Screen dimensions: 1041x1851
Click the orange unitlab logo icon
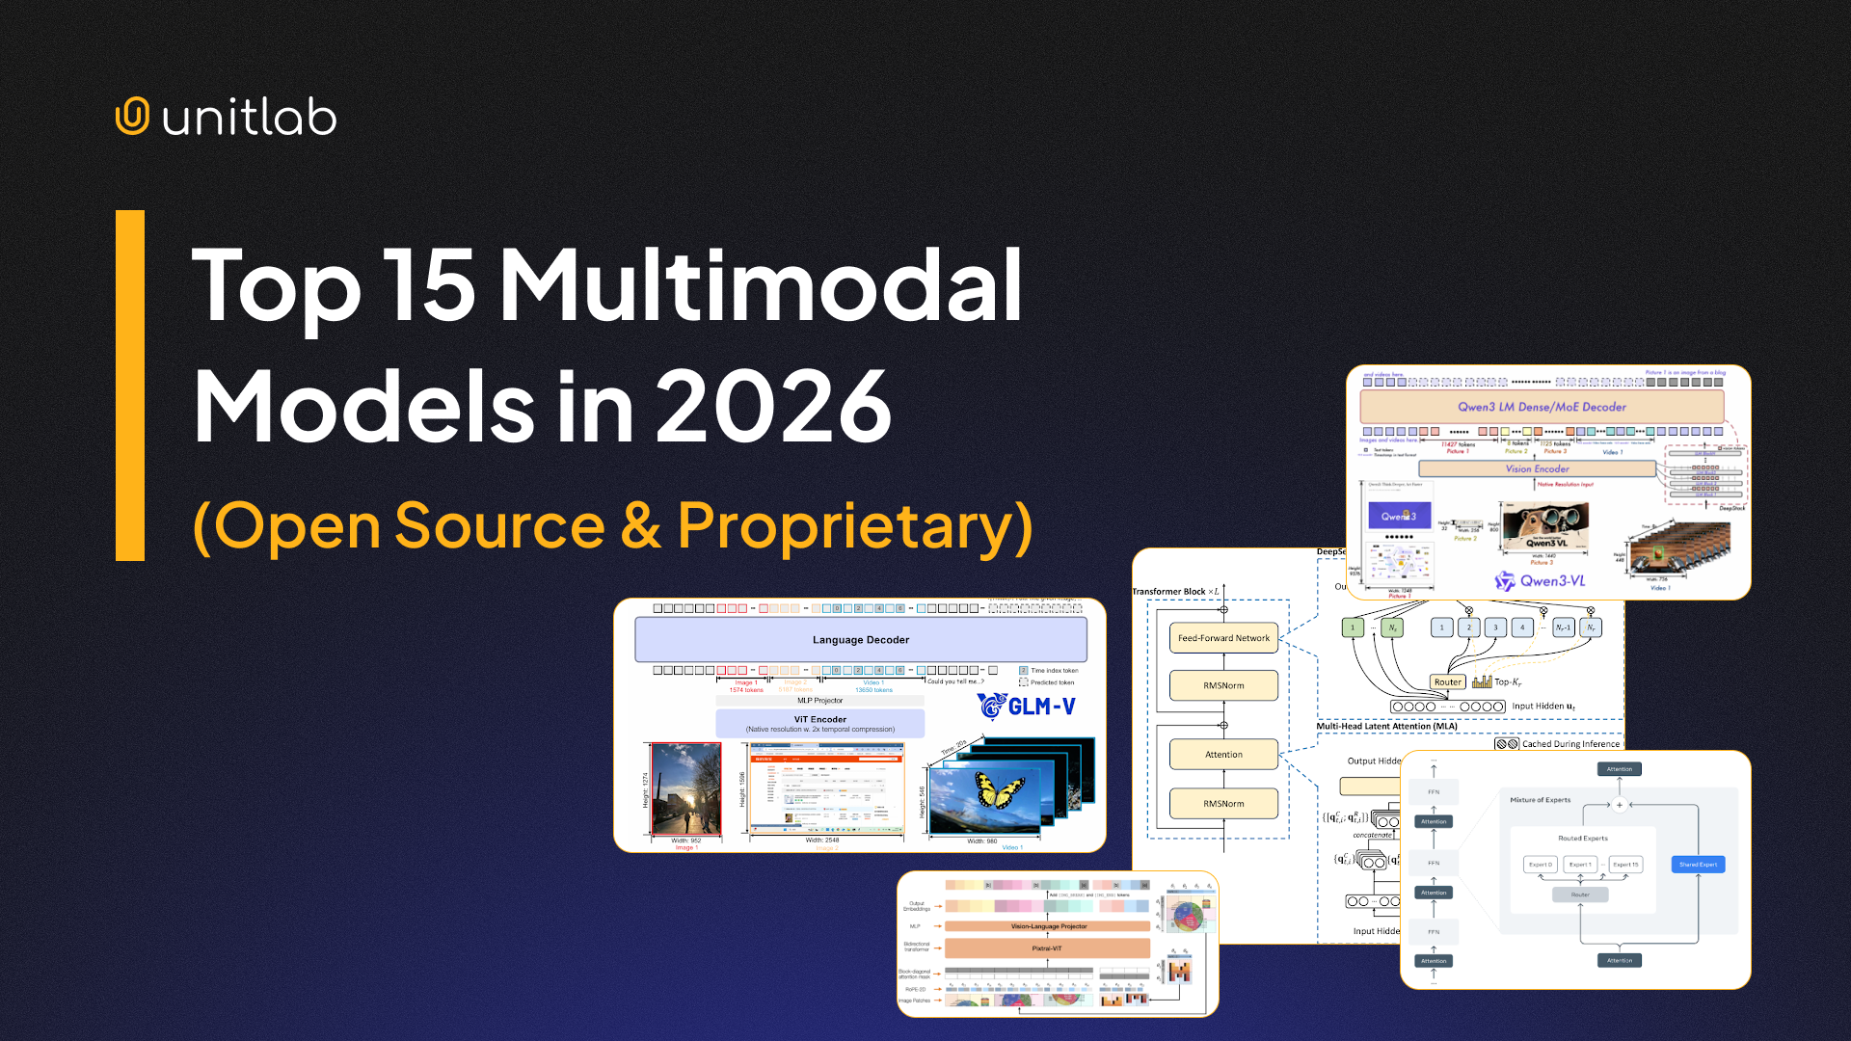(x=132, y=116)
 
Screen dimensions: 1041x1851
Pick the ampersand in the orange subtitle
(x=640, y=526)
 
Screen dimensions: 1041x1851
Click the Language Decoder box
(x=860, y=640)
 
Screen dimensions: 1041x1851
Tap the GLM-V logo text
(x=1028, y=707)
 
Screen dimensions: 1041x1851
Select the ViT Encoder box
(x=819, y=724)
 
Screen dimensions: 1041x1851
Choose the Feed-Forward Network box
(x=1223, y=638)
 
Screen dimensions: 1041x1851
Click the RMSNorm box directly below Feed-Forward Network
(x=1223, y=685)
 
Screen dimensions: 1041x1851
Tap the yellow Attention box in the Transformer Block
(x=1223, y=755)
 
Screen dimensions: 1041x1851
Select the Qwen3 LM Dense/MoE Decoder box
(x=1541, y=407)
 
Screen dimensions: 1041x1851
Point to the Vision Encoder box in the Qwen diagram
(x=1537, y=468)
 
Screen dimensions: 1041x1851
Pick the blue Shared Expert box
(x=1698, y=865)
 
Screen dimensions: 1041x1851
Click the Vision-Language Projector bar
(x=1048, y=926)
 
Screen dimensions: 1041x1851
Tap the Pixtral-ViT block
(x=1047, y=948)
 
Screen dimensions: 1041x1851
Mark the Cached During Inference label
(x=1569, y=744)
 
